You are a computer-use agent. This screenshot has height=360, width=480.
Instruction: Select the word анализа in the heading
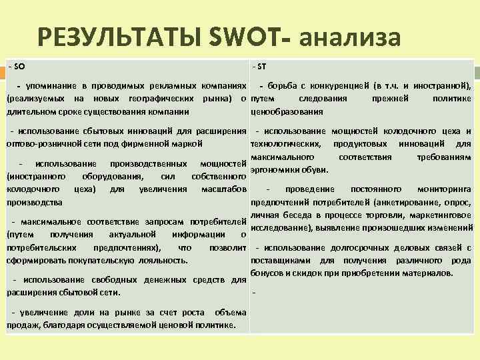(x=350, y=38)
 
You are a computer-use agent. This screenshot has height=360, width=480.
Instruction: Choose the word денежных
(x=176, y=280)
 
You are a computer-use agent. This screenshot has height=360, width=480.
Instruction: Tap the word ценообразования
(x=282, y=112)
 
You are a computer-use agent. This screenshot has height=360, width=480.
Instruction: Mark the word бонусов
(x=268, y=273)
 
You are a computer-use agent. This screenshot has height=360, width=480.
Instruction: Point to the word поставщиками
(x=277, y=261)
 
